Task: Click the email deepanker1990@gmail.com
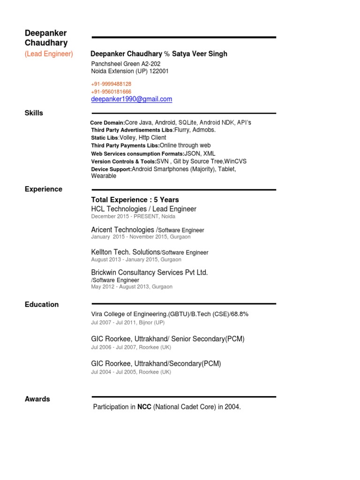pos(132,99)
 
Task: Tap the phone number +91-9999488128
pos(111,84)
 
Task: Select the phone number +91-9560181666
pos(111,92)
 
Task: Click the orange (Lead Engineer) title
pos(49,54)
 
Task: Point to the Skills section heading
pos(34,113)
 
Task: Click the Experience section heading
pos(43,189)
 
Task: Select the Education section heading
pos(42,305)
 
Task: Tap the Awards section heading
pos(37,399)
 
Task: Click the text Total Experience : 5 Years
pos(135,200)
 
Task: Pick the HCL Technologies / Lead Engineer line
pos(143,209)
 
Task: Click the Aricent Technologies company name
pos(123,230)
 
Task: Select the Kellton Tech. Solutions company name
pos(126,252)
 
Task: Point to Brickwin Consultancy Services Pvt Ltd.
pos(149,272)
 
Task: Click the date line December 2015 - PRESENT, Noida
pos(133,217)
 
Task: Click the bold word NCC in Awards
pos(144,407)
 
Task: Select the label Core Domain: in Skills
pos(108,123)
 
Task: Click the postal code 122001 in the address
pos(159,71)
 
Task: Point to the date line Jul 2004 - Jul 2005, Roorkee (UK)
pos(131,372)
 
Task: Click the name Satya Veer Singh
pos(200,54)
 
